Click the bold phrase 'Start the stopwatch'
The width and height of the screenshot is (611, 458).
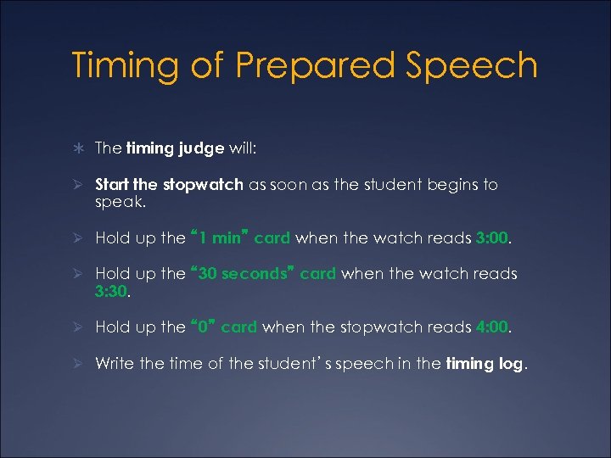pos(169,184)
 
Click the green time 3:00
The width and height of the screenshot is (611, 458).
pos(493,238)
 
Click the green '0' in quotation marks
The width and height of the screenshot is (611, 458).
pos(204,327)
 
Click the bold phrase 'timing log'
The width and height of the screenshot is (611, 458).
pos(485,364)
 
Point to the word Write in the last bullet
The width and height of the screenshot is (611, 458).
pos(114,363)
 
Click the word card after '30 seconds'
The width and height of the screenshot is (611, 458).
pos(318,273)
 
